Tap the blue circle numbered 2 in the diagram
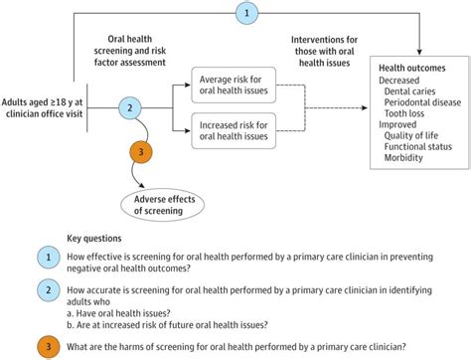(128, 106)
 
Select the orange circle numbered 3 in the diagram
(141, 151)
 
